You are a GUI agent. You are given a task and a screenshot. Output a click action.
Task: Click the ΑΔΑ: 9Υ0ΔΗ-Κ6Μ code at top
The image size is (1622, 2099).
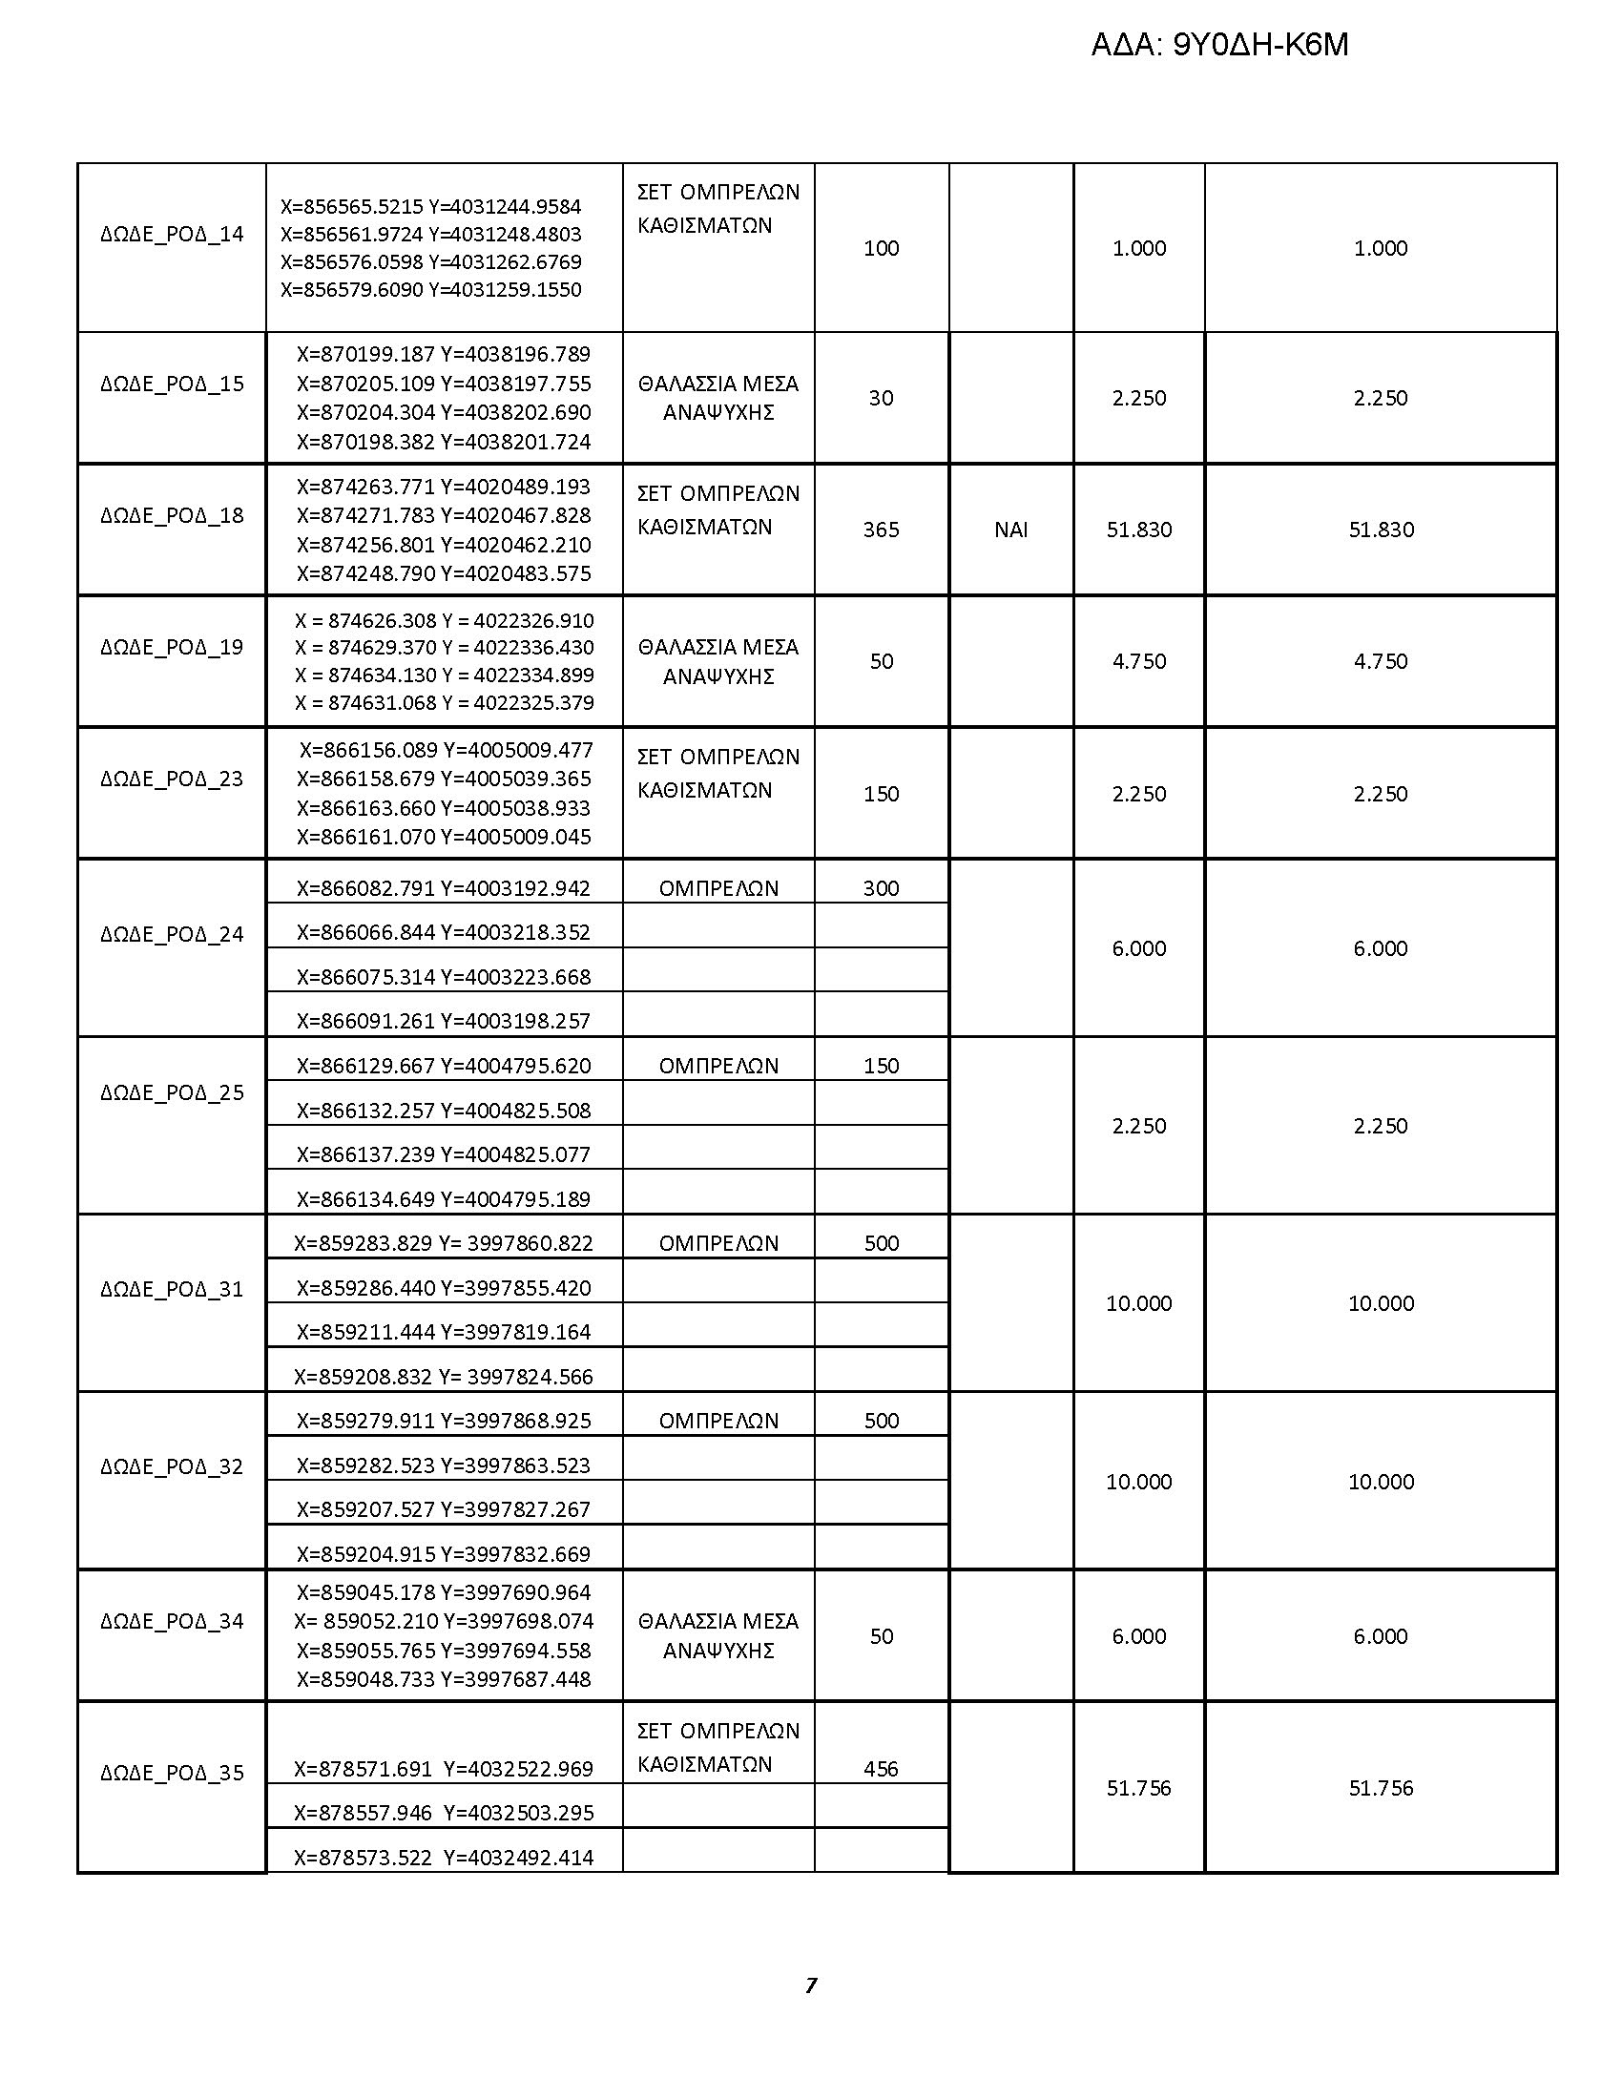1219,45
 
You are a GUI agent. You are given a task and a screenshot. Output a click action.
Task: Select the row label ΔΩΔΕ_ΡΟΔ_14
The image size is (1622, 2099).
172,235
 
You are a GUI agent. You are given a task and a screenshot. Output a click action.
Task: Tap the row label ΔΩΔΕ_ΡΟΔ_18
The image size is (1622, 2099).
172,515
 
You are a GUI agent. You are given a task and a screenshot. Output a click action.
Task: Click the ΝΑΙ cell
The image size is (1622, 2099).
1010,530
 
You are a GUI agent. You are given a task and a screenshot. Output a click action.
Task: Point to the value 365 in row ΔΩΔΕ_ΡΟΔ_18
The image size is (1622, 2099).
882,530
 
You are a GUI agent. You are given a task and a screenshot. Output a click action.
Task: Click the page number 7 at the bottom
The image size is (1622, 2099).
810,1985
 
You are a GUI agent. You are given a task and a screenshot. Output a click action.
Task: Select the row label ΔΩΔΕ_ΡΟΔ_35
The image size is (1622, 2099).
172,1774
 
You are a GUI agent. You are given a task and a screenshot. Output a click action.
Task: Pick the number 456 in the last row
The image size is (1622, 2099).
882,1768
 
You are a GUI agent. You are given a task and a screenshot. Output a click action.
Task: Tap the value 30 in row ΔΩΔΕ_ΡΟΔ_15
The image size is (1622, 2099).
882,398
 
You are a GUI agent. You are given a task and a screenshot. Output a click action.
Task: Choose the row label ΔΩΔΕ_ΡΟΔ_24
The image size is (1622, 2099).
172,934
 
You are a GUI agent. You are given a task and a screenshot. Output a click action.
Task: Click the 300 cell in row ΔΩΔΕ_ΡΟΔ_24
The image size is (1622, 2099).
882,888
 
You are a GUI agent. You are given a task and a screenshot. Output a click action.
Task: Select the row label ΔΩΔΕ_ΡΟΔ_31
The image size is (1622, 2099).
172,1289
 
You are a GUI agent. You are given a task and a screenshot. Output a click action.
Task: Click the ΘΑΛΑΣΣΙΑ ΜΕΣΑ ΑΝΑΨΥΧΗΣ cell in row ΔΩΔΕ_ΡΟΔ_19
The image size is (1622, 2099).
717,661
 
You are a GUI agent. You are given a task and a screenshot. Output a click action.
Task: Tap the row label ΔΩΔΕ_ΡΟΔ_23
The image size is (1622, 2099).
172,779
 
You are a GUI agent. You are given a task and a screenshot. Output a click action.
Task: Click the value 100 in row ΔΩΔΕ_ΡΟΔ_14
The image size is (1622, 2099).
882,248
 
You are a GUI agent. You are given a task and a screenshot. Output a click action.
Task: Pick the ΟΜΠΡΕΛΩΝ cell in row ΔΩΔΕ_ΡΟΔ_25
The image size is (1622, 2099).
717,1066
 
